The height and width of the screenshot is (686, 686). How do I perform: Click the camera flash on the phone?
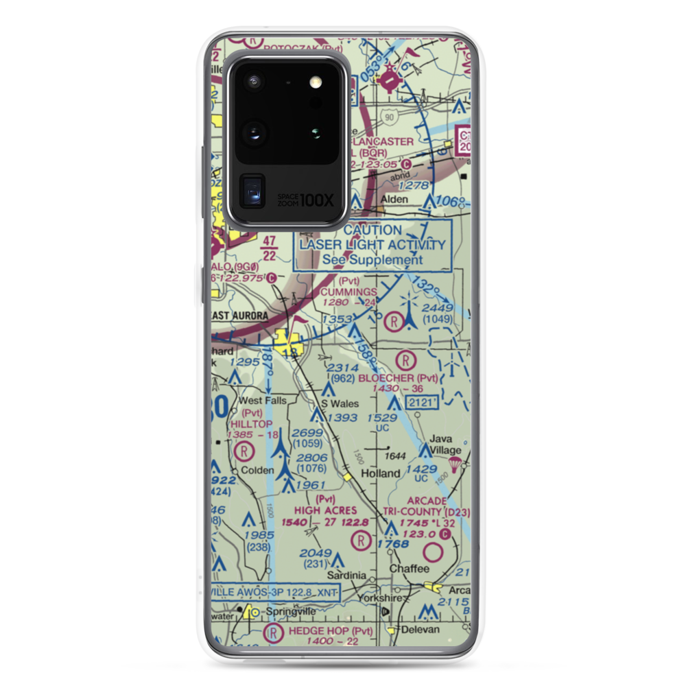316,82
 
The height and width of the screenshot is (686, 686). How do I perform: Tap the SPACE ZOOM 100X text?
305,200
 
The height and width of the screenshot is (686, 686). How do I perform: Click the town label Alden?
394,200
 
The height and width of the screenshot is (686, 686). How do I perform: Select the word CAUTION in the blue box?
372,230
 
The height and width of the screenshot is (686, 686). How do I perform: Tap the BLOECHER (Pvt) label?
406,377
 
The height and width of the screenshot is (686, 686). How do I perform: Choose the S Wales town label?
340,403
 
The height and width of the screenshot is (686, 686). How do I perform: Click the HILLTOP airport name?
252,424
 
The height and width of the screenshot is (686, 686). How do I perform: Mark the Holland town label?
380,473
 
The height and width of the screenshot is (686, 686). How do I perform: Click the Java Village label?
445,444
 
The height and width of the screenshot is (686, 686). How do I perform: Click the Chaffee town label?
409,569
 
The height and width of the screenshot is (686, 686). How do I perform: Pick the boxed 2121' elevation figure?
421,403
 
